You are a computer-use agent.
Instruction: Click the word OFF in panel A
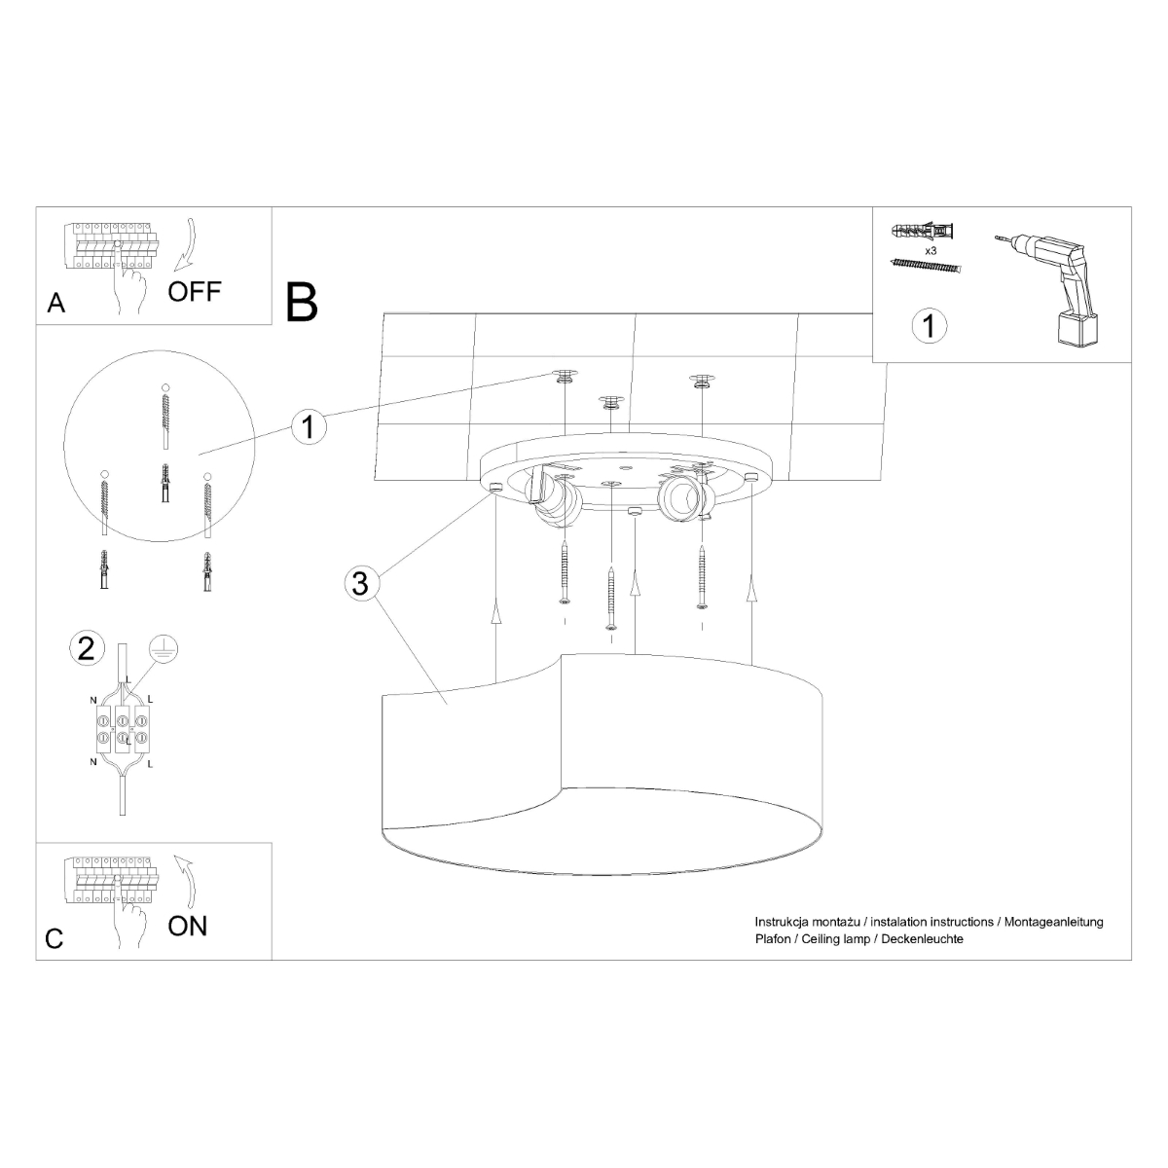195,291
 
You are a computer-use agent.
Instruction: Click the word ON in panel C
187,925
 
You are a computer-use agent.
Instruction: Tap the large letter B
303,302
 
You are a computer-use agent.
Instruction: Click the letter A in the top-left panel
56,304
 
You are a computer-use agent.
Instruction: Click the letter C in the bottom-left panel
55,938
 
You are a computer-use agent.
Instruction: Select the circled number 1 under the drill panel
930,325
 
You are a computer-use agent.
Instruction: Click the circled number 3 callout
360,584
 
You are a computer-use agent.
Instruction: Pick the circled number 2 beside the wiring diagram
86,647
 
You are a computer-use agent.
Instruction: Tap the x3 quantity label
930,251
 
